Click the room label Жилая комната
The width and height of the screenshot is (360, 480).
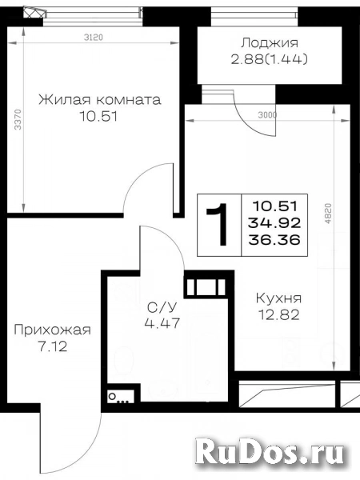(x=99, y=100)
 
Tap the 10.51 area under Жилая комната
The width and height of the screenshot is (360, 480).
(x=98, y=117)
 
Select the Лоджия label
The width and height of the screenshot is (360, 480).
(x=270, y=43)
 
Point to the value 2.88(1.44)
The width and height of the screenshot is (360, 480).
(x=269, y=59)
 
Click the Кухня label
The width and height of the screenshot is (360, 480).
(x=278, y=298)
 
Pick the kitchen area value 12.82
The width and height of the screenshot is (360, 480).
(x=279, y=314)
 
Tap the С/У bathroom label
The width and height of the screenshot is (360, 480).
(x=162, y=306)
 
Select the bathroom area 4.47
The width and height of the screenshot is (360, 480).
(x=162, y=323)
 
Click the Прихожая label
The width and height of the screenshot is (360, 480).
(x=52, y=330)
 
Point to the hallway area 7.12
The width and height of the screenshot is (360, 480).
(x=52, y=347)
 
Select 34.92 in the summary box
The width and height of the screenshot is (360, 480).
(x=274, y=223)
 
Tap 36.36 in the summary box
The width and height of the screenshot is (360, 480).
(x=274, y=239)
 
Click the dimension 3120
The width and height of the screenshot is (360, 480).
(x=94, y=38)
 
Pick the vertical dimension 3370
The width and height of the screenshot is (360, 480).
(x=18, y=119)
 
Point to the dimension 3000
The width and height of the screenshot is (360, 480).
(x=267, y=115)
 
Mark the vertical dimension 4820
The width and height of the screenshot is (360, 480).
(x=328, y=214)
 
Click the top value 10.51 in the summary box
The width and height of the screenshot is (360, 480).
(x=274, y=206)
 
